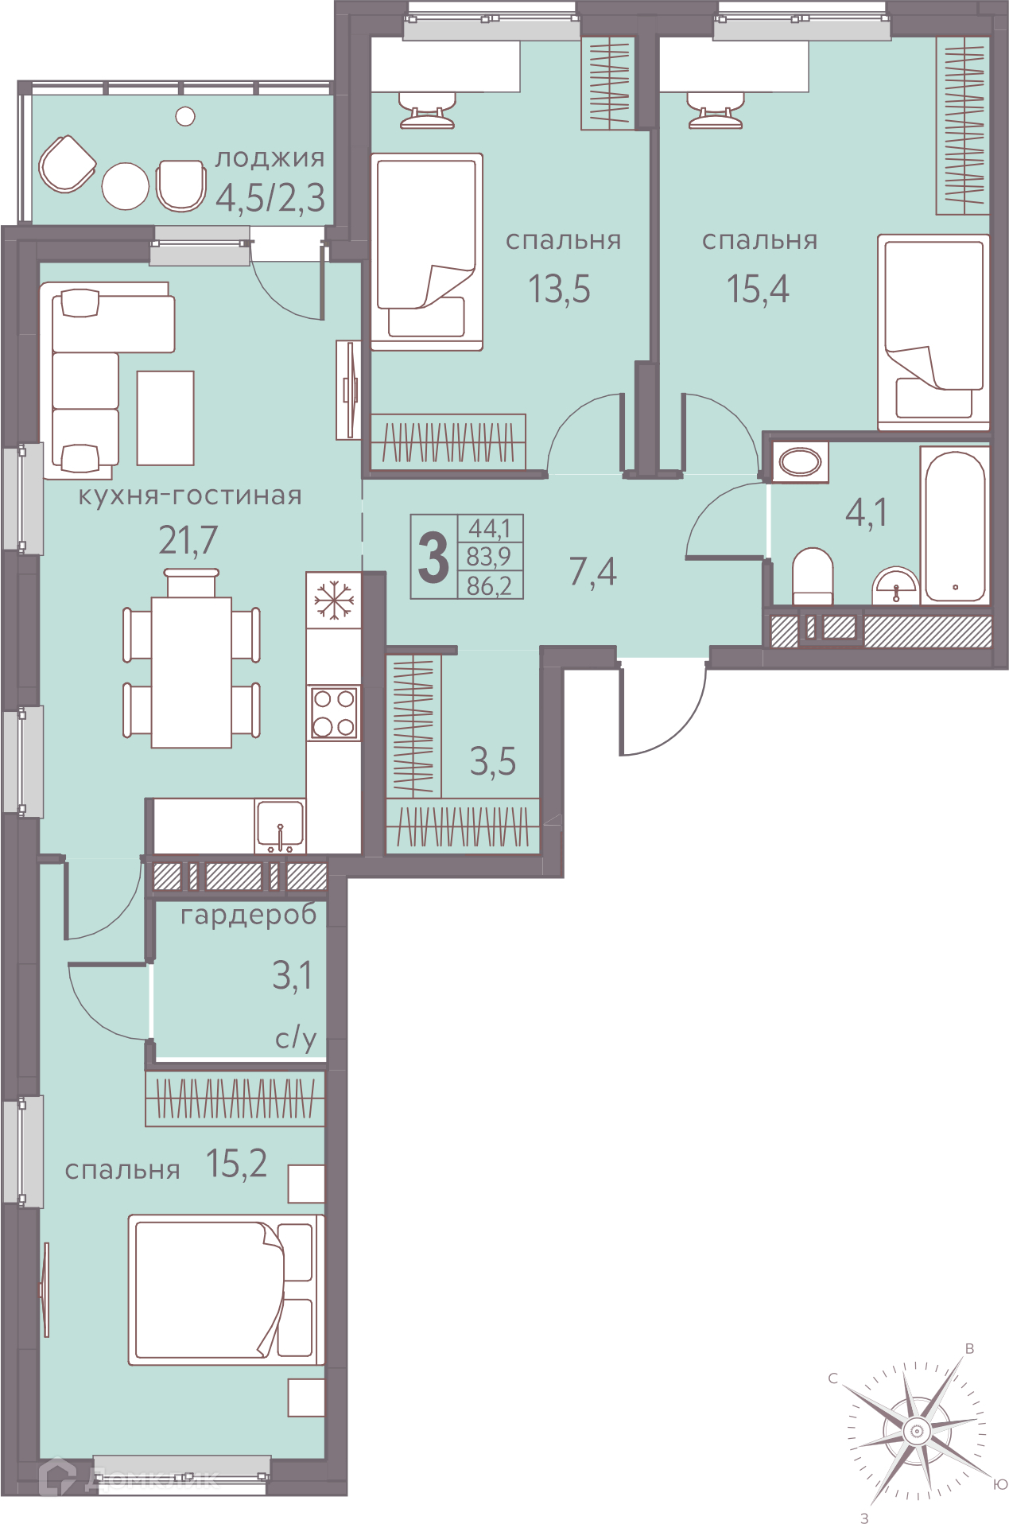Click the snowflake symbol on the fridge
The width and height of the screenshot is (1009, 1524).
tap(334, 600)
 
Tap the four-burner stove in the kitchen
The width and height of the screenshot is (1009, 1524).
tap(334, 713)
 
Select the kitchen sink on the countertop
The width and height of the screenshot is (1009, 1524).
tap(280, 826)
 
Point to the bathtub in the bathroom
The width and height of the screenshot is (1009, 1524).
tap(955, 526)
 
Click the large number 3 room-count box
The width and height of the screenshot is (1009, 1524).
tap(434, 557)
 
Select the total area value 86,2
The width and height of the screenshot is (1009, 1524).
tap(490, 586)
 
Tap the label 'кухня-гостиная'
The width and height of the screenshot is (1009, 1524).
tap(190, 496)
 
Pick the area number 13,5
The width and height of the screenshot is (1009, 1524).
tap(560, 289)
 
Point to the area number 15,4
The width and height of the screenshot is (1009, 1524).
tap(758, 289)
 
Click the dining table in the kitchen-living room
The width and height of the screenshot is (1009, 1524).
tap(192, 672)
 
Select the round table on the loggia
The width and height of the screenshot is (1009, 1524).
tap(126, 186)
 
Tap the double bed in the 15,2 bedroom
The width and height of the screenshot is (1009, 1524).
tap(227, 1290)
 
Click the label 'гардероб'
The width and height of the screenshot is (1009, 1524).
tap(249, 916)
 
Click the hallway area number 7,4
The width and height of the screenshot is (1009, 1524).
tap(593, 572)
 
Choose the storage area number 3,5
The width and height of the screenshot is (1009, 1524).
tap(493, 762)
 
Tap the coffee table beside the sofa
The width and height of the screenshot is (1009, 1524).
tap(165, 418)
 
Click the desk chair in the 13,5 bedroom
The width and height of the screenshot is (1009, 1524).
tap(427, 110)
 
